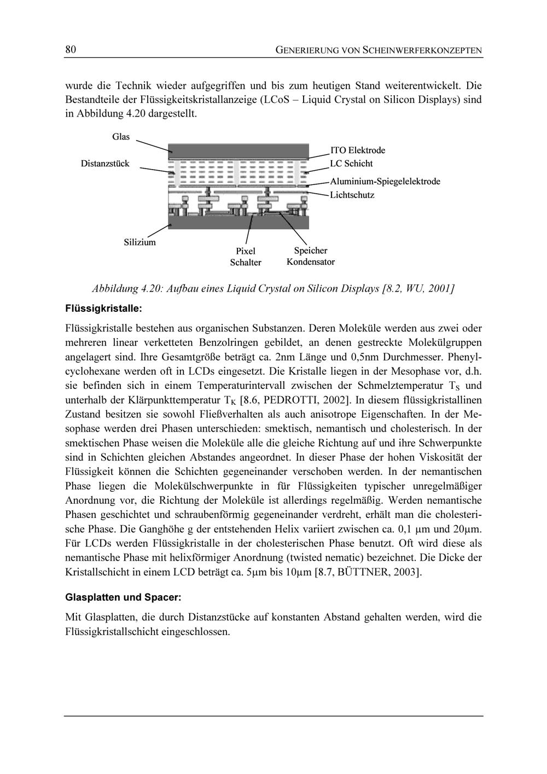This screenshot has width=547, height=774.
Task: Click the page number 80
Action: point(70,50)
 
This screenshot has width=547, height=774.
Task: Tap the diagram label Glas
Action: point(121,137)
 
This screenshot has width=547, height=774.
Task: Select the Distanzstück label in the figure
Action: point(105,164)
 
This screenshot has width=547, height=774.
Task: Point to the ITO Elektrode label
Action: point(358,150)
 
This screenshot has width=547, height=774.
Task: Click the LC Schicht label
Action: point(351,164)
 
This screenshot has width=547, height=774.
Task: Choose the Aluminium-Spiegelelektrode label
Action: point(385,181)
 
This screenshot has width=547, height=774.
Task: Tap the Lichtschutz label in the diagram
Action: point(352,195)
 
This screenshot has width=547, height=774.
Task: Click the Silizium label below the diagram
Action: point(139,242)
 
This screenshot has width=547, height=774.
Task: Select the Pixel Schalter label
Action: point(246,257)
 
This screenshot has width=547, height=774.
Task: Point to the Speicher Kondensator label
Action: point(311,256)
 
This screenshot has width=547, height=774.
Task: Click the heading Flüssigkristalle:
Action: point(103,309)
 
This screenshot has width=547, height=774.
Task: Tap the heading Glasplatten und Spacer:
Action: point(123,597)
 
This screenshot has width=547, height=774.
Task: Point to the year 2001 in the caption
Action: point(441,288)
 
